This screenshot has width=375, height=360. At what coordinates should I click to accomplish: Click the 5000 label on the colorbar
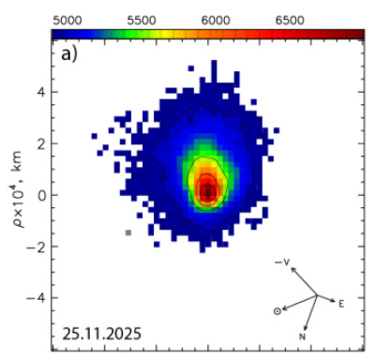(x=67, y=21)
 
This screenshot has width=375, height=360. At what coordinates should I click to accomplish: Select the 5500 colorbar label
(x=142, y=21)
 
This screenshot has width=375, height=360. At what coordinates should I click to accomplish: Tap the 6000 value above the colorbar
(x=216, y=21)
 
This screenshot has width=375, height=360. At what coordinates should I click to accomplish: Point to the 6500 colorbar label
(x=290, y=21)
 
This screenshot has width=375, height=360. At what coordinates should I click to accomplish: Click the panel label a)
(x=69, y=54)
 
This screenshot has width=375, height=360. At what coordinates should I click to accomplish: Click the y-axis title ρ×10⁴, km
(x=18, y=189)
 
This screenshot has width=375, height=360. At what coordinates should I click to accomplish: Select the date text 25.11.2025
(x=102, y=334)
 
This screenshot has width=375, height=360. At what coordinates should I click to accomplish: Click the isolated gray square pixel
(x=128, y=232)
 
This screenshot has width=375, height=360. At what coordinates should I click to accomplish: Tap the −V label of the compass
(x=282, y=262)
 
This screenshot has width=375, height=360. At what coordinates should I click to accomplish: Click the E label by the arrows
(x=341, y=304)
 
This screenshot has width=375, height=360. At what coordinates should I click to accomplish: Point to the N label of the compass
(x=302, y=337)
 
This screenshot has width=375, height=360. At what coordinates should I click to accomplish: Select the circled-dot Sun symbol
(x=277, y=311)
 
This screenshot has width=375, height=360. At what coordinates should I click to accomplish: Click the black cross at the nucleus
(x=207, y=194)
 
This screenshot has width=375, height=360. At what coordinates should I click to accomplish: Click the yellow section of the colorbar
(x=167, y=34)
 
